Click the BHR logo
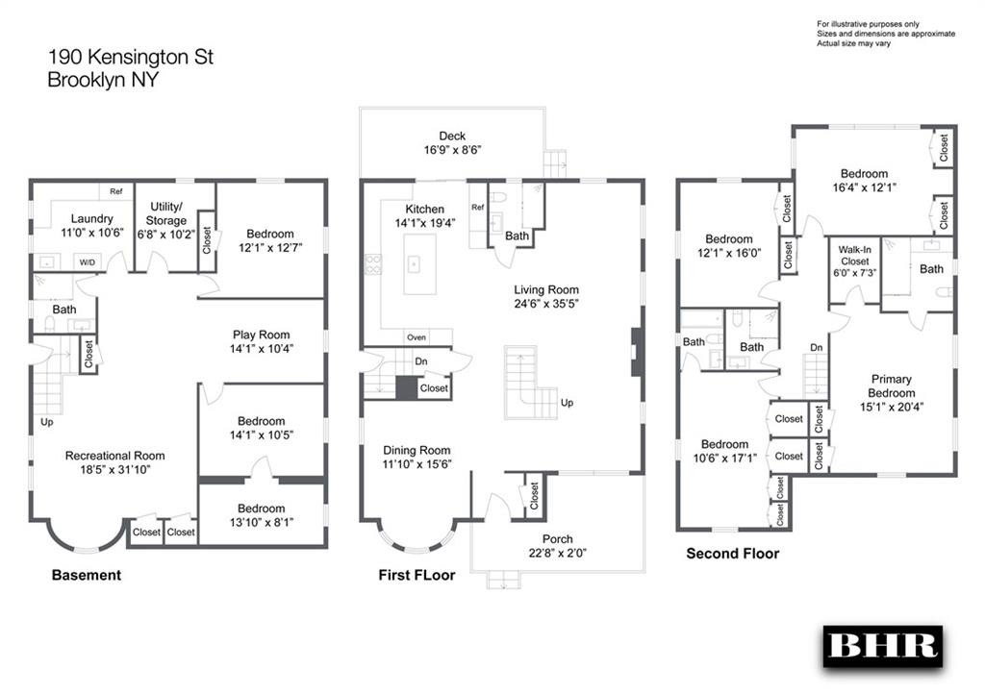point(883,647)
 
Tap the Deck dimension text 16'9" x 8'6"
point(452,150)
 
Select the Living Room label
point(546,289)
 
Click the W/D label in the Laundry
point(88,262)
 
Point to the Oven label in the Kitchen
point(417,337)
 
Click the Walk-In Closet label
point(855,255)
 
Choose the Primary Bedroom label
point(892,386)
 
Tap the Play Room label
point(262,335)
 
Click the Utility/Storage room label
point(165,213)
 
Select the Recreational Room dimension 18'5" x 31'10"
point(115,470)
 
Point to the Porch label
point(557,538)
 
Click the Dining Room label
point(417,450)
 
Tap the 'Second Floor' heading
point(732,553)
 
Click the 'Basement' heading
point(86,575)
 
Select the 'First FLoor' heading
point(417,575)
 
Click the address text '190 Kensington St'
point(131,57)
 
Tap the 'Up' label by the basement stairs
point(46,422)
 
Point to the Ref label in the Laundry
point(116,191)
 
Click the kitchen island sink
point(414,264)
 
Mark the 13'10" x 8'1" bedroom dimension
point(262,522)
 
